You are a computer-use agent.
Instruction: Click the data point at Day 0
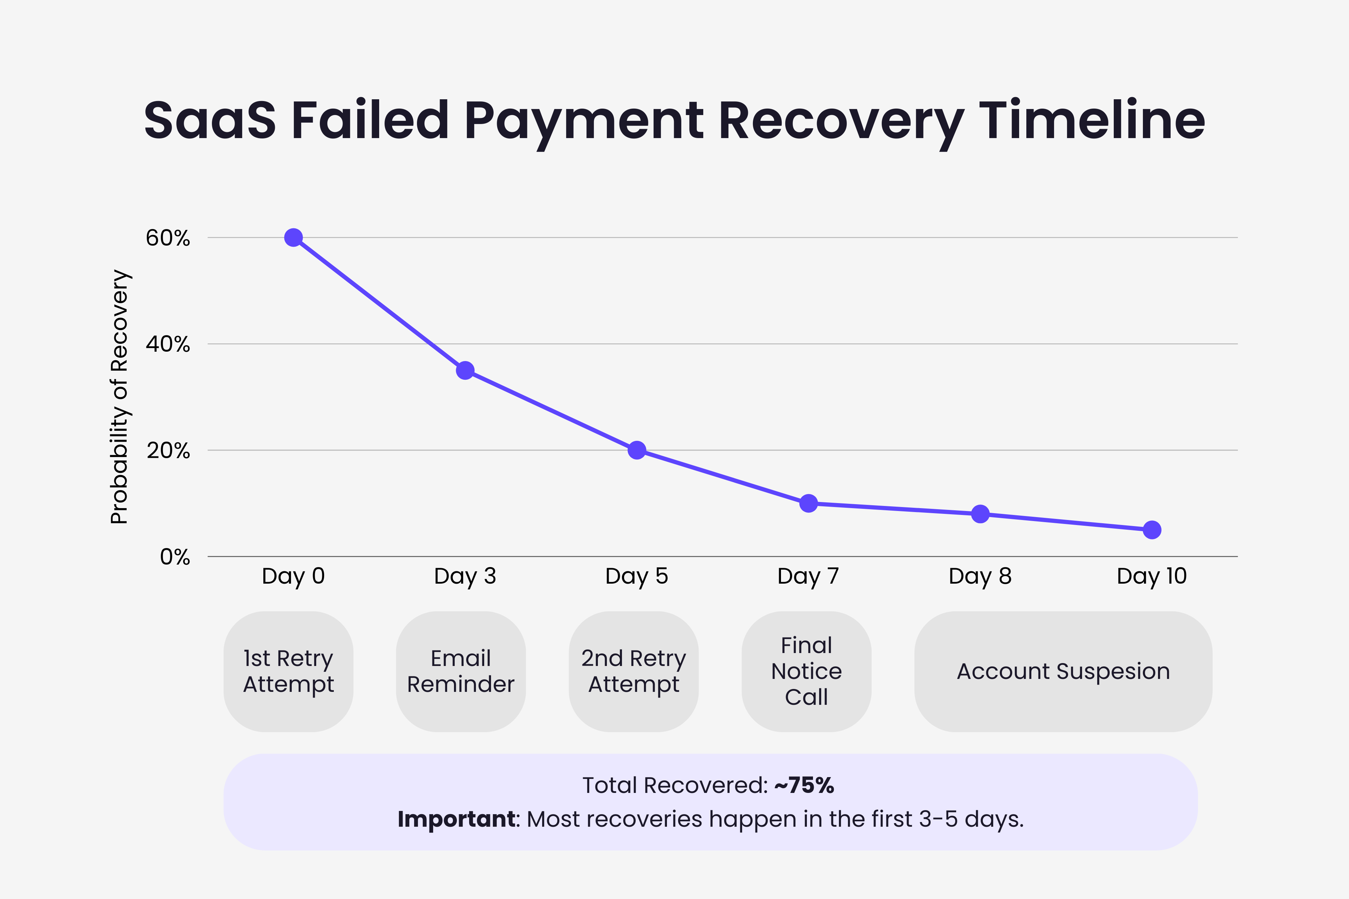[293, 237]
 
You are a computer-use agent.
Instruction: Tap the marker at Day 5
[637, 450]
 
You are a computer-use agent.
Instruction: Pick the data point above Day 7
[808, 503]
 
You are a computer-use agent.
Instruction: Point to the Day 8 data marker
[980, 514]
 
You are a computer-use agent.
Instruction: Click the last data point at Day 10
[1152, 530]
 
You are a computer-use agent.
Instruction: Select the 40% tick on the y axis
[168, 344]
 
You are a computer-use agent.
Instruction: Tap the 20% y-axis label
[168, 451]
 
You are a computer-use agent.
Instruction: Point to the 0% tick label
[174, 557]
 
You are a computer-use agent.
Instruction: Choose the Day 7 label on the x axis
[808, 576]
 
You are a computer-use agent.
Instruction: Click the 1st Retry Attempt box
[288, 671]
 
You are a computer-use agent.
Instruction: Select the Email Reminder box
[460, 671]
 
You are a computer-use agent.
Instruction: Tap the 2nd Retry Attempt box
[633, 671]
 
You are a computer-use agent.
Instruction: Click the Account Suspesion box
[1063, 671]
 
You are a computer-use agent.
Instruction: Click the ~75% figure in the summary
[804, 785]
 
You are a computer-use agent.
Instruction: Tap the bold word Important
[457, 819]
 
